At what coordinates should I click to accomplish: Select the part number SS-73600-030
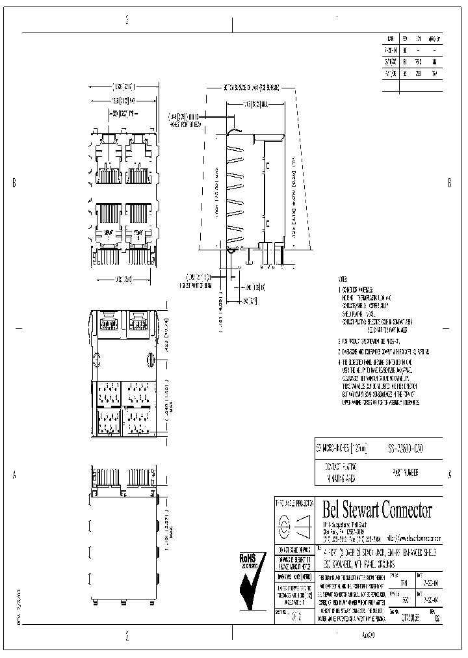click(405, 449)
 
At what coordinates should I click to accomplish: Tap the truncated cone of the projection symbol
click(304, 525)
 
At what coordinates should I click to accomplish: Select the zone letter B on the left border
click(14, 183)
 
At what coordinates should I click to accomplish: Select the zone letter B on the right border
click(449, 183)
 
